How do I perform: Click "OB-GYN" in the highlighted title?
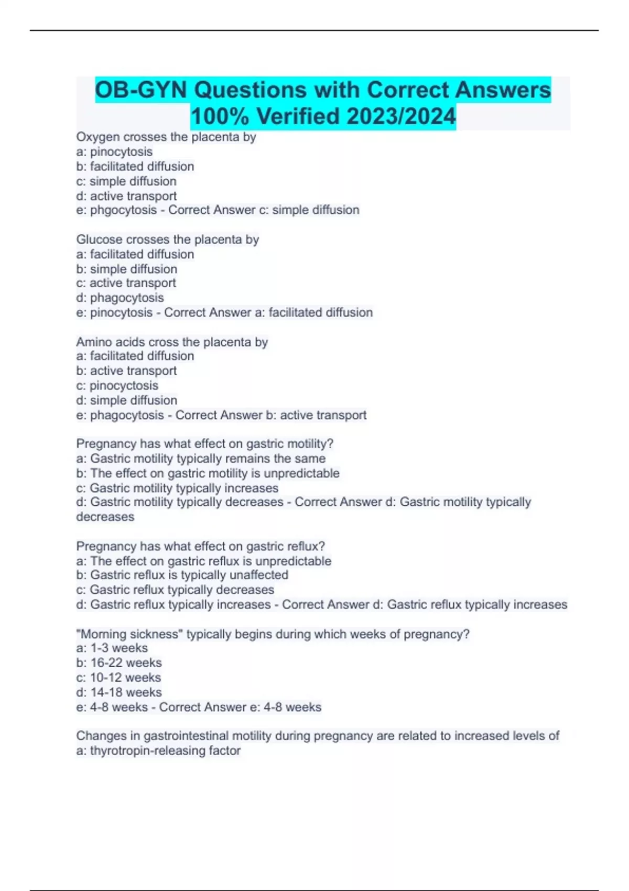tap(140, 90)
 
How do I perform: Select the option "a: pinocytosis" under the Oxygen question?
tap(114, 152)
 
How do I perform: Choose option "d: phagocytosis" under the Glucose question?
tap(120, 298)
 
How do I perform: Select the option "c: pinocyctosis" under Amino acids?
tap(117, 386)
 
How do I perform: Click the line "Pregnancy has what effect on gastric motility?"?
tap(204, 444)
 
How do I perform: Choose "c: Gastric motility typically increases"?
tap(177, 488)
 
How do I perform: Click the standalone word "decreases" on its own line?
tap(105, 517)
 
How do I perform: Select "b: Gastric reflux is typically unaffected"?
tap(182, 575)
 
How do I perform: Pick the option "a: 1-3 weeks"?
tap(112, 648)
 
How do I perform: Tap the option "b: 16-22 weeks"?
tap(118, 663)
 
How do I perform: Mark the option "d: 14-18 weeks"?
tap(118, 692)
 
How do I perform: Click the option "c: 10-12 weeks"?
tap(118, 678)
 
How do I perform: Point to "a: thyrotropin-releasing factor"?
tap(158, 751)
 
